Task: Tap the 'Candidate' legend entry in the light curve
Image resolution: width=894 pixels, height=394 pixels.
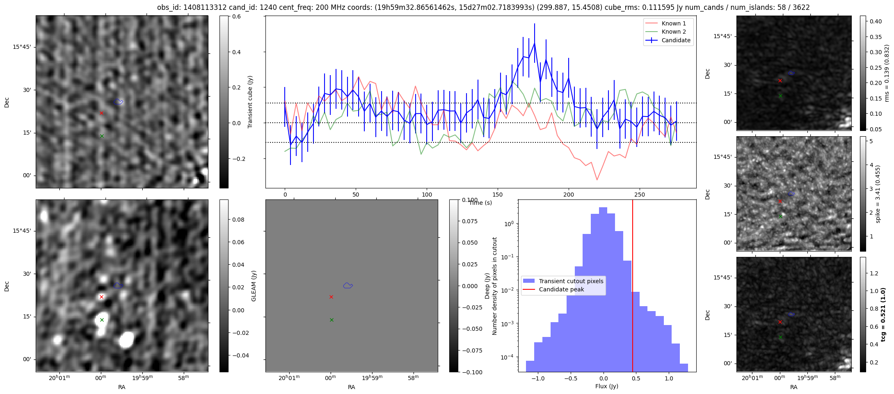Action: pos(676,40)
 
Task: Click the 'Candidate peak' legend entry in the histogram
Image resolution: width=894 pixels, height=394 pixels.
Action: pos(561,289)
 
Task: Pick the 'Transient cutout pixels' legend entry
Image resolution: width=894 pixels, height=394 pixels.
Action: pos(571,281)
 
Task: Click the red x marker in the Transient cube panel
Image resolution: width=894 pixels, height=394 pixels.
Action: pos(102,113)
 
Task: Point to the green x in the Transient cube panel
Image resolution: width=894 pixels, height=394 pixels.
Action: pos(102,136)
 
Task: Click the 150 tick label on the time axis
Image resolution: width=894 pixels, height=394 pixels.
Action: pos(498,195)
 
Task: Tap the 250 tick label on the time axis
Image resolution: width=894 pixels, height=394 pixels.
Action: pos(640,195)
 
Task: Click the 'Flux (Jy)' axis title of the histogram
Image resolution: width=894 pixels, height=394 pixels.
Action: pos(606,386)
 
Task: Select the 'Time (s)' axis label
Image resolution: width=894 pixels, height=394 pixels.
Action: pos(480,203)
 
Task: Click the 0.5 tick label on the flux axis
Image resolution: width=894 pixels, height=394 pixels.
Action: pos(636,378)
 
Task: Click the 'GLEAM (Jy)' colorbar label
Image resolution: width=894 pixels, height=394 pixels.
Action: pos(254,286)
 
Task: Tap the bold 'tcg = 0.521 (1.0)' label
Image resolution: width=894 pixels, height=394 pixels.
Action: pos(883,314)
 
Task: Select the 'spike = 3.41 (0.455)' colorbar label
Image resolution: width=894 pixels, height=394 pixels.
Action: pos(878,194)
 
